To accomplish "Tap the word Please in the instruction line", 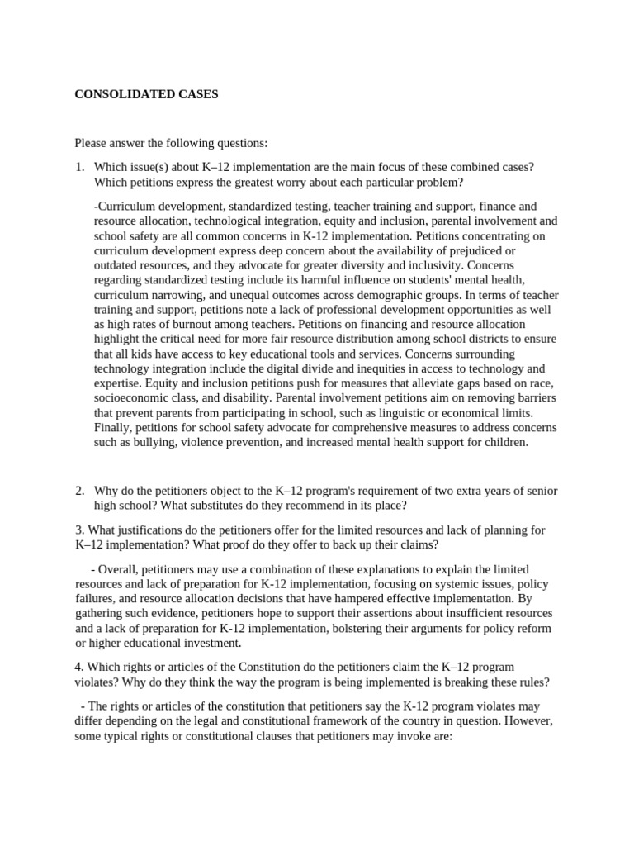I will pyautogui.click(x=91, y=143).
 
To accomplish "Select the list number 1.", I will pyautogui.click(x=79, y=167).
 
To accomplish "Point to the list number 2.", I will pyautogui.click(x=79, y=491).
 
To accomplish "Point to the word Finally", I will pyautogui.click(x=113, y=428).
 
